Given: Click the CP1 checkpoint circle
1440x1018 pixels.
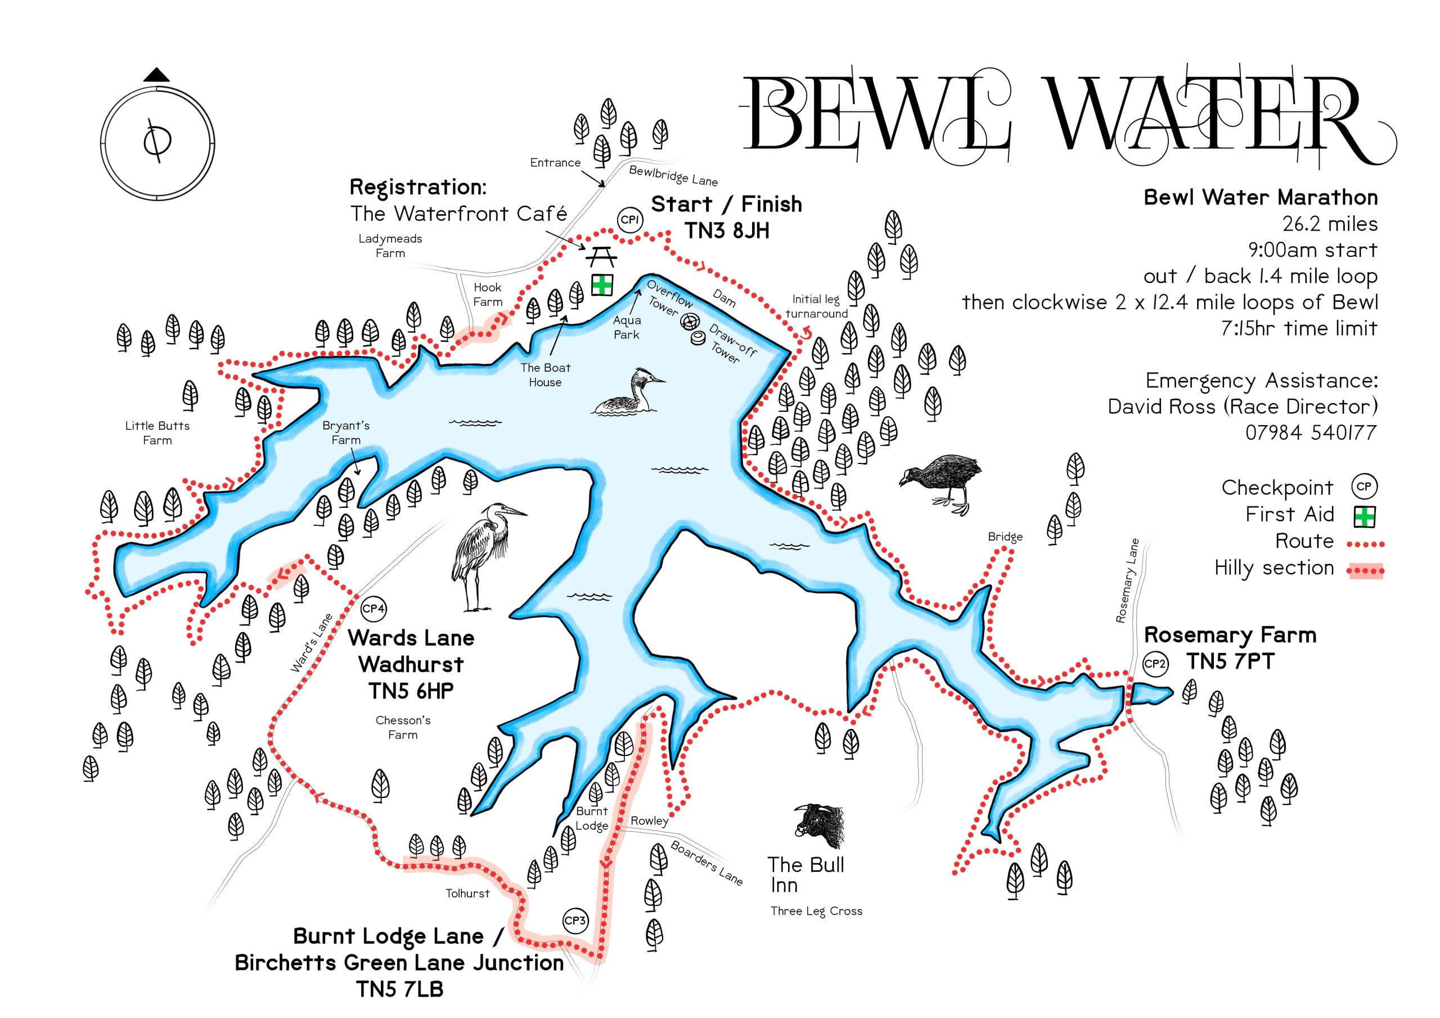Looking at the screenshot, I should point(629,219).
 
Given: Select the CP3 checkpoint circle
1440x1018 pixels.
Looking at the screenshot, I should point(575,921).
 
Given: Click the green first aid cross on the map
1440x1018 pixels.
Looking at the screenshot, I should point(602,285).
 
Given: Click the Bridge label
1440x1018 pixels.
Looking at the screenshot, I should point(1005,537).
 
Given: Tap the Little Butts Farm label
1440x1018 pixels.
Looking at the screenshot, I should point(157,433).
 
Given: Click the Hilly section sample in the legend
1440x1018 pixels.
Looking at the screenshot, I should point(1365,570).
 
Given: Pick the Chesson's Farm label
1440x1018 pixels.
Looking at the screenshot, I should point(403,727).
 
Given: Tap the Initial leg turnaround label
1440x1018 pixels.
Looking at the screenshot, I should point(816,306).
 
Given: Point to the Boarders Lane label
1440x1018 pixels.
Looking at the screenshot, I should point(706,863).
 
